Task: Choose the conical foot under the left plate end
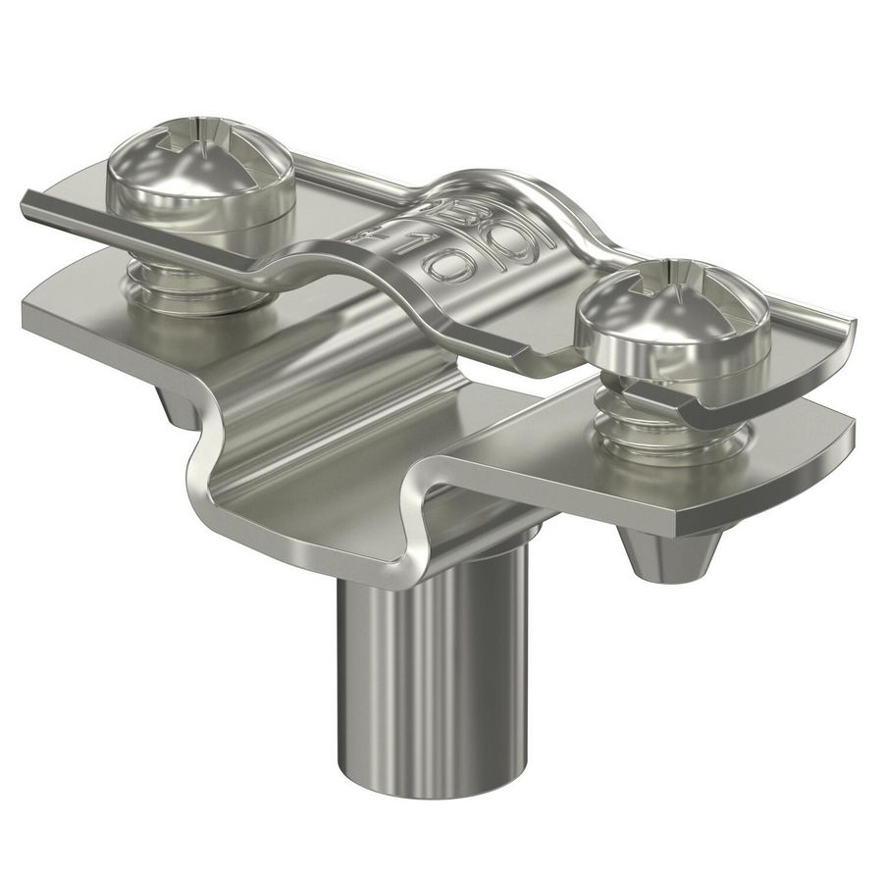[177, 408]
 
